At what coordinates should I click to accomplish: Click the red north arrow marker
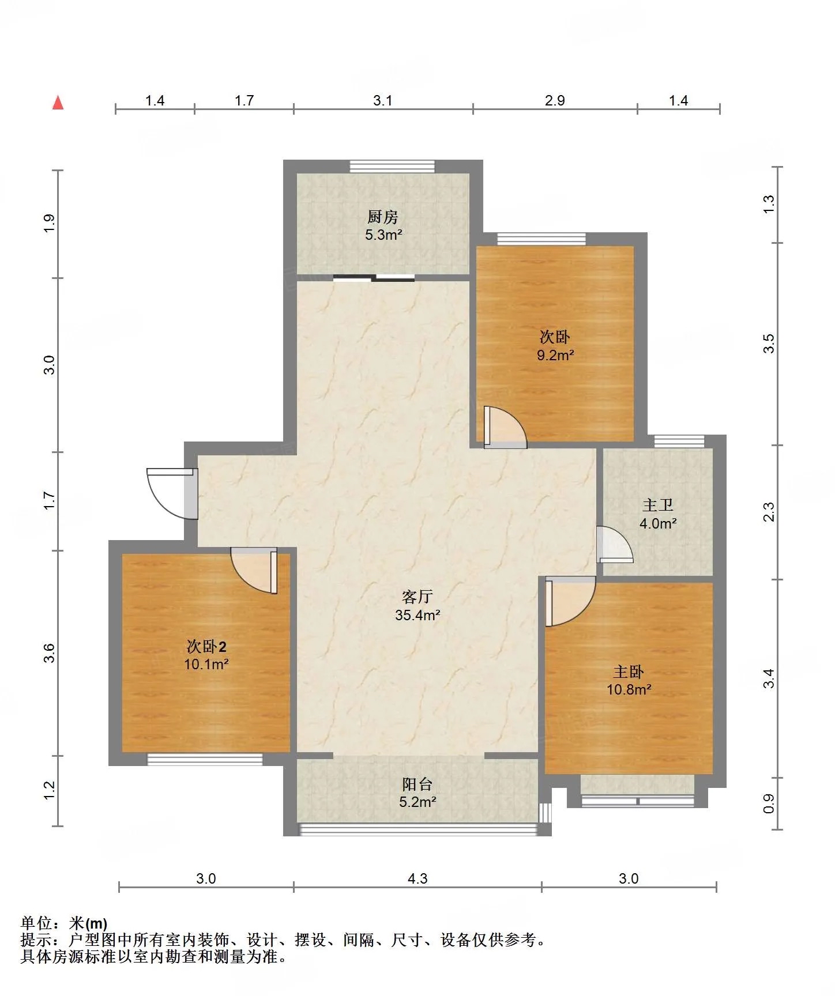tap(58, 102)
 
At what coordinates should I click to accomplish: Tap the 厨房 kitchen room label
tap(383, 217)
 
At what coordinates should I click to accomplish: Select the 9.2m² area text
tap(555, 355)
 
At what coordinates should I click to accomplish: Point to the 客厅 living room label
tap(417, 597)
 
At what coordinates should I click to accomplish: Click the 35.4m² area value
tap(417, 615)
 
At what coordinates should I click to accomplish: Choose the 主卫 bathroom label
tap(658, 505)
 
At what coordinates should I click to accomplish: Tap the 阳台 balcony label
tap(417, 784)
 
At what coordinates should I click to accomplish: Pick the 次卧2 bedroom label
tap(206, 646)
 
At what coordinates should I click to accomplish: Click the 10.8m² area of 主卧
tap(629, 689)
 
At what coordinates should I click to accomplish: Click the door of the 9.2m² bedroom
tap(505, 428)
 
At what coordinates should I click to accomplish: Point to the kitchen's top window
tap(392, 166)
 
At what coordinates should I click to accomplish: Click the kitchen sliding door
tap(374, 278)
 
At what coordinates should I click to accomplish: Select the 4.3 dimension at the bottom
tap(417, 878)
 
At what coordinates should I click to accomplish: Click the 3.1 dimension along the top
tap(383, 100)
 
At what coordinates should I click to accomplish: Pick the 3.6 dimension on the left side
tap(50, 653)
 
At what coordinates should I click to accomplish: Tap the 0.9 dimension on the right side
tap(769, 804)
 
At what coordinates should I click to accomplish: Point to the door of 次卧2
tap(254, 571)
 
